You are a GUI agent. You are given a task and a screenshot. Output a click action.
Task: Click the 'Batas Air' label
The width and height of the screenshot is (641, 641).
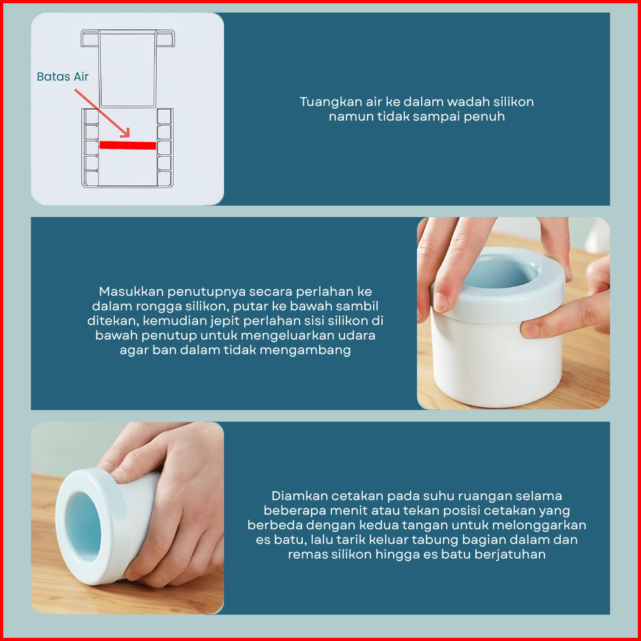tap(63, 76)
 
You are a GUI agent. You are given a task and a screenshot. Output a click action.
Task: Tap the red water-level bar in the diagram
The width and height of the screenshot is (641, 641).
tap(128, 145)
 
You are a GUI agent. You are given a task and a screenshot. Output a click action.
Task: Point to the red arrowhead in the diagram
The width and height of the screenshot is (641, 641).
tap(125, 133)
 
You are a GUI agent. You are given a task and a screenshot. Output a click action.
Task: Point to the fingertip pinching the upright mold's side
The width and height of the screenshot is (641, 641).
tap(530, 329)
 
